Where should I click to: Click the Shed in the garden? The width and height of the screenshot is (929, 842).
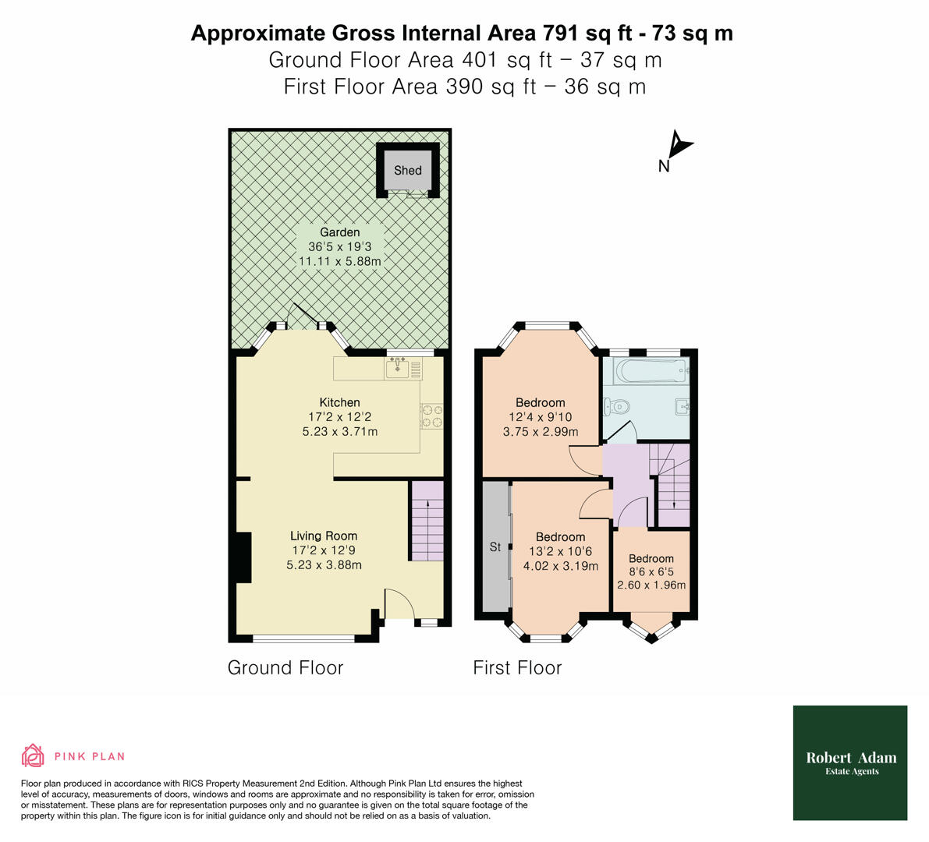tap(407, 170)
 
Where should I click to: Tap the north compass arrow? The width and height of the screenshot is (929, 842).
tap(680, 145)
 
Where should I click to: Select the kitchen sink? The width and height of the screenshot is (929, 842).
tap(399, 367)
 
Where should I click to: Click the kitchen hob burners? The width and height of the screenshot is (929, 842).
tap(431, 416)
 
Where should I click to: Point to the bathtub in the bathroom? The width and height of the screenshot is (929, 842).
tap(648, 371)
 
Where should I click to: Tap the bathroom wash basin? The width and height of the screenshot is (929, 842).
tap(681, 405)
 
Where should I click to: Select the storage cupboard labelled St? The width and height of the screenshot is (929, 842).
tap(495, 547)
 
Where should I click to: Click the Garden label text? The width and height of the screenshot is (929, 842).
tap(340, 232)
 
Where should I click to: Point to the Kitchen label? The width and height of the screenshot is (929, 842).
tap(340, 402)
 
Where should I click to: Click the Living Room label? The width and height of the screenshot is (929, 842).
tap(324, 536)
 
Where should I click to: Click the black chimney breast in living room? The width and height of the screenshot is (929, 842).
tap(243, 557)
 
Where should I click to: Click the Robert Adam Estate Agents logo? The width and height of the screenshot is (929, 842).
tap(850, 762)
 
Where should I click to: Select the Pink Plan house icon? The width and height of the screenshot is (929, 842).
tap(33, 755)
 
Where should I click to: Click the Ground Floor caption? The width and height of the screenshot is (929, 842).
tap(285, 668)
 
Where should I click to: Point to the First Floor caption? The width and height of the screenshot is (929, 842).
tap(517, 668)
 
